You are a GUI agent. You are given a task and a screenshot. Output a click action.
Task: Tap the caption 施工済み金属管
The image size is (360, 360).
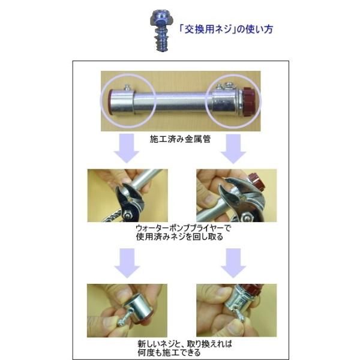pyautogui.click(x=179, y=138)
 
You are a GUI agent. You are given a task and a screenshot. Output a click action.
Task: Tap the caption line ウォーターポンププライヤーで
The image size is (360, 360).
pyautogui.click(x=181, y=229)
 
